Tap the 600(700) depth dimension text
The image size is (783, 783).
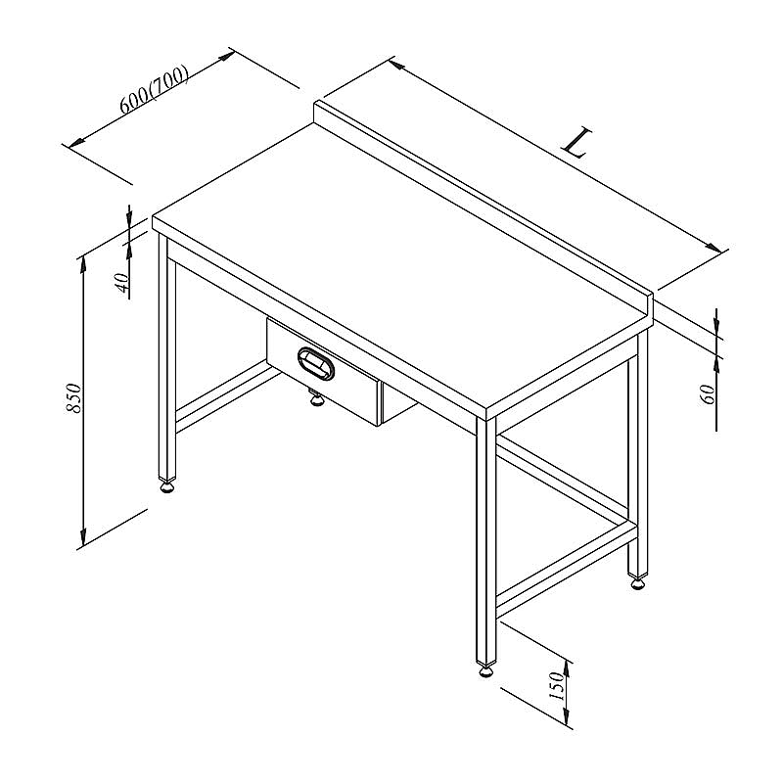click(154, 89)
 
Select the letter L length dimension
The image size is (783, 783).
click(577, 142)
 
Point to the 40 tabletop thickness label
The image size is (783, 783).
click(122, 283)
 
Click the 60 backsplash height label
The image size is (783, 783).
click(708, 394)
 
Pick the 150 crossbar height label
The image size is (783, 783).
click(556, 686)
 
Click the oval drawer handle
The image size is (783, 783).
click(316, 362)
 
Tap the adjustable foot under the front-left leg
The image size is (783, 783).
click(166, 486)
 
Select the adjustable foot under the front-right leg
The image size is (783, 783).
click(486, 670)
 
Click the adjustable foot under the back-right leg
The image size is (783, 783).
click(638, 582)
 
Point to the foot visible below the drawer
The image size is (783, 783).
click(315, 398)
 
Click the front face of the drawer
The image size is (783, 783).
click(323, 372)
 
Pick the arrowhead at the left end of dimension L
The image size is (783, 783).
click(398, 65)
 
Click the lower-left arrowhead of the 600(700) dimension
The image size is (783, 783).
click(76, 142)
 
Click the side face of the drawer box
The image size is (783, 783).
click(398, 404)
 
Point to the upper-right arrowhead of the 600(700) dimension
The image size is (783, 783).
click(226, 56)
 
